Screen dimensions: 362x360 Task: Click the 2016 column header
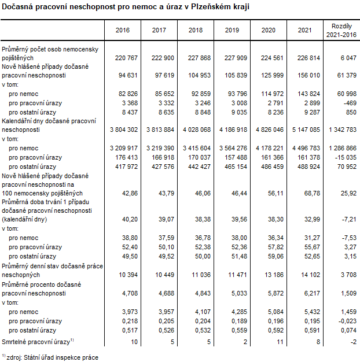click(123, 29)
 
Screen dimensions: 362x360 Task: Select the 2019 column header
click(232, 29)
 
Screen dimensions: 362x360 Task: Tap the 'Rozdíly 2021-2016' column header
click(341, 30)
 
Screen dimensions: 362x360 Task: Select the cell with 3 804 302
click(122, 130)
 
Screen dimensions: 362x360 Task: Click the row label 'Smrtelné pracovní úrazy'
click(35, 343)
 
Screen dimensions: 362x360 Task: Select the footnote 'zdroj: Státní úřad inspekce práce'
click(52, 357)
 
